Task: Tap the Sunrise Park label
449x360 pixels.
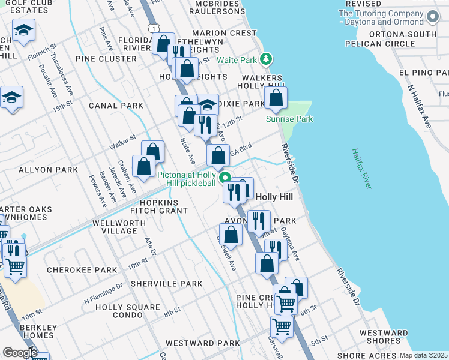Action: [290, 119]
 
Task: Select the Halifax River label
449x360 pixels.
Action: [363, 169]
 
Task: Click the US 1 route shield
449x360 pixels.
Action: [155, 28]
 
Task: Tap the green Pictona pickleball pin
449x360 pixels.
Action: [225, 177]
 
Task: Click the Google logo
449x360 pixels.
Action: [20, 352]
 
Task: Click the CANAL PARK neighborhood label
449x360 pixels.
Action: [116, 106]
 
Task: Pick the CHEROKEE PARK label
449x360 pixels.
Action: [82, 270]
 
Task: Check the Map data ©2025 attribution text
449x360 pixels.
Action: [424, 355]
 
